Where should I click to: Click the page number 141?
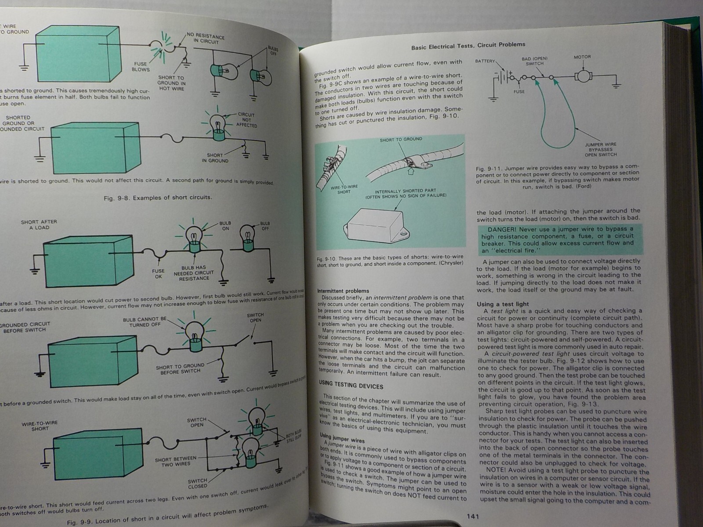click(472, 516)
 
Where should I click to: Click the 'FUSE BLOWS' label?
click(141, 66)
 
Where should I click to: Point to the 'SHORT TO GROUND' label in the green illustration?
click(401, 139)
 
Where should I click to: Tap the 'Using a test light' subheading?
click(503, 304)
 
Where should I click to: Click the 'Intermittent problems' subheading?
click(343, 291)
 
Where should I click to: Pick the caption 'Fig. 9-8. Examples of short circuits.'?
click(157, 198)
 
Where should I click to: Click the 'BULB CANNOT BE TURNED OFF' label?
click(145, 322)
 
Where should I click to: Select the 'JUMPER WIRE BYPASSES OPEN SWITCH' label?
click(601, 149)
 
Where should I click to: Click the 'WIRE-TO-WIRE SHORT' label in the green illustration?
click(344, 189)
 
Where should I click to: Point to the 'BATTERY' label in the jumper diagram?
click(485, 61)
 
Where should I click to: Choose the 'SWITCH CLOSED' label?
click(197, 484)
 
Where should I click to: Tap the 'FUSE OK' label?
click(158, 274)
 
